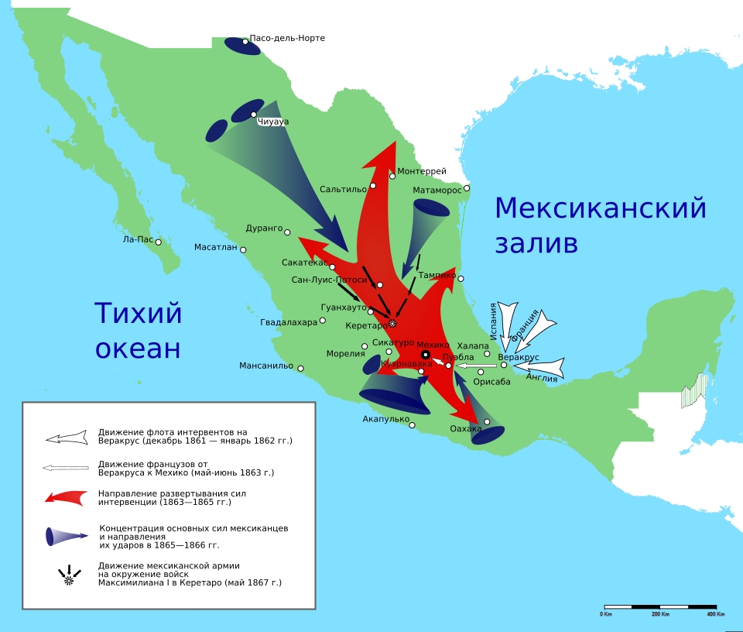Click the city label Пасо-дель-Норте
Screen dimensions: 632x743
click(287, 38)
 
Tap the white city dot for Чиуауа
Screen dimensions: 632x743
click(253, 115)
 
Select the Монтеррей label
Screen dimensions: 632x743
click(422, 171)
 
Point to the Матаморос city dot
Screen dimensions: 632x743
click(466, 188)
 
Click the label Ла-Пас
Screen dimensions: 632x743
click(138, 239)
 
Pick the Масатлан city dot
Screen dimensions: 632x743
click(243, 249)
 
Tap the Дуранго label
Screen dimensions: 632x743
click(264, 228)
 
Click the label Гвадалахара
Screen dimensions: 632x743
click(289, 322)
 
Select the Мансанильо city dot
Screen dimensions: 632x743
click(300, 369)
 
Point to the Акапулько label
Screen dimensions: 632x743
click(385, 419)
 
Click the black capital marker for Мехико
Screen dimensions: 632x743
click(425, 354)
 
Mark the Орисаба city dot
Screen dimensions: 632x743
click(481, 373)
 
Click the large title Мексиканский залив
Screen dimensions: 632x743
click(601, 225)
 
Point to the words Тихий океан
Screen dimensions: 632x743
click(139, 331)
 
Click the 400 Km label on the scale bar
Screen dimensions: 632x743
click(714, 614)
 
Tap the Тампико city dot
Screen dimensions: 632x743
click(461, 279)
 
